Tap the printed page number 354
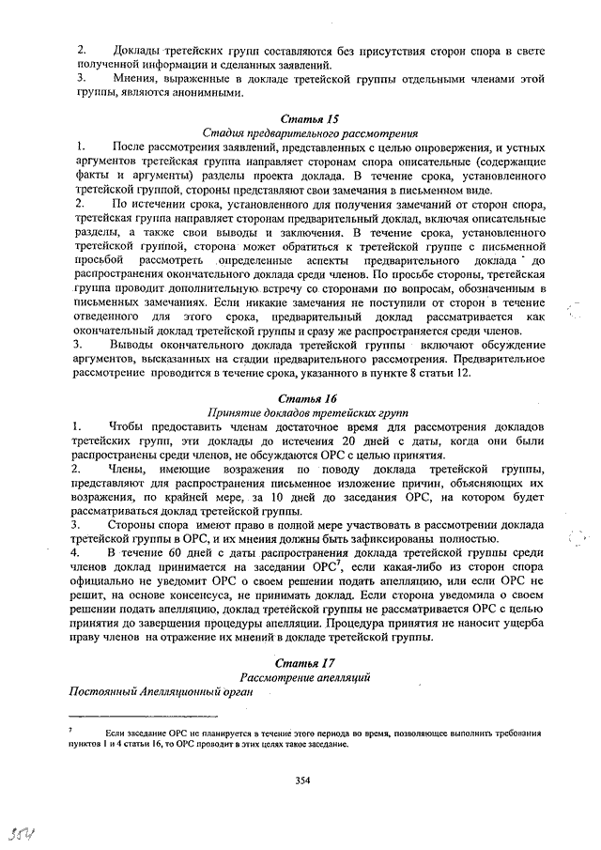(302, 779)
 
